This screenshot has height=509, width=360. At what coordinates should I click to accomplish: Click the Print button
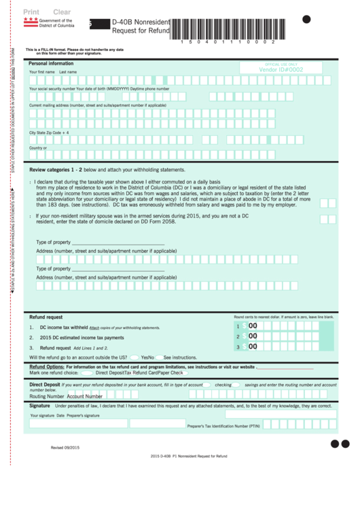point(31,12)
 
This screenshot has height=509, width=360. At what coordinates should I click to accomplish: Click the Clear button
point(62,12)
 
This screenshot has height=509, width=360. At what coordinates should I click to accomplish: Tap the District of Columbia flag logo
point(31,24)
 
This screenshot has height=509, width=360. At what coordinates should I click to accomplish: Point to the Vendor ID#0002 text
point(281,69)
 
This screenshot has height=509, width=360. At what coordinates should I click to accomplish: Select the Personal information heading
point(51,63)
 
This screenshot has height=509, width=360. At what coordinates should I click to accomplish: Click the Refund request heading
point(46,317)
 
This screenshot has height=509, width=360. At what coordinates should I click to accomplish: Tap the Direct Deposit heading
point(45,384)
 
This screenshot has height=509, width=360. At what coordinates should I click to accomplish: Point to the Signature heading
point(40,405)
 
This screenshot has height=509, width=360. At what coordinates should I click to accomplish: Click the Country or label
point(38,148)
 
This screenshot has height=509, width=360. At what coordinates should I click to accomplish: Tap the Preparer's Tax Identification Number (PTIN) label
point(223,426)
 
